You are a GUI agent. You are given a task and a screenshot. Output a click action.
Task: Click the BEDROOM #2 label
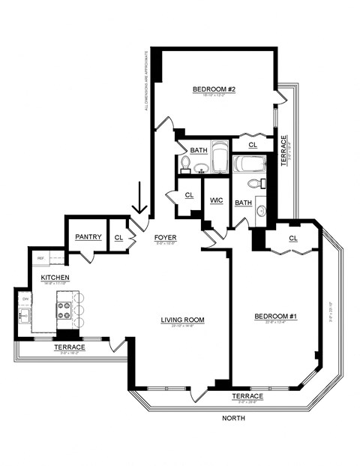coord(214,90)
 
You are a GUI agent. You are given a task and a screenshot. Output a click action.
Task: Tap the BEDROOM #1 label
coord(277,316)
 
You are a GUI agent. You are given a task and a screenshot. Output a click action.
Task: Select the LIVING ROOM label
coord(182,320)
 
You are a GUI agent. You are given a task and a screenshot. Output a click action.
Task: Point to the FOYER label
coord(165,238)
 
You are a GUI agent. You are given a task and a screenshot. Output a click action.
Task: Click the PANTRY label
coord(88,237)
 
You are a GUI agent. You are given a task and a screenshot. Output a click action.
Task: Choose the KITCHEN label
coord(55,278)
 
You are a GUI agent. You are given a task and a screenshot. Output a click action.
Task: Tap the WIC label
coord(217,200)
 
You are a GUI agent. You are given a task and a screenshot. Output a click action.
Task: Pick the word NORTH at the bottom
coord(234,419)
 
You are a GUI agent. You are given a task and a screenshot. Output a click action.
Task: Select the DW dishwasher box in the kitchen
coord(25,299)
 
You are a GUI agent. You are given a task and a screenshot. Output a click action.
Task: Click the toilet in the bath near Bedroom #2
coord(186,164)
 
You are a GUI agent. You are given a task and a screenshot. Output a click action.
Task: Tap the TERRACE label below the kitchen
coord(69,347)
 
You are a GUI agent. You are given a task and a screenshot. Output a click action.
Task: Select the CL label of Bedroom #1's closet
coord(292,239)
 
